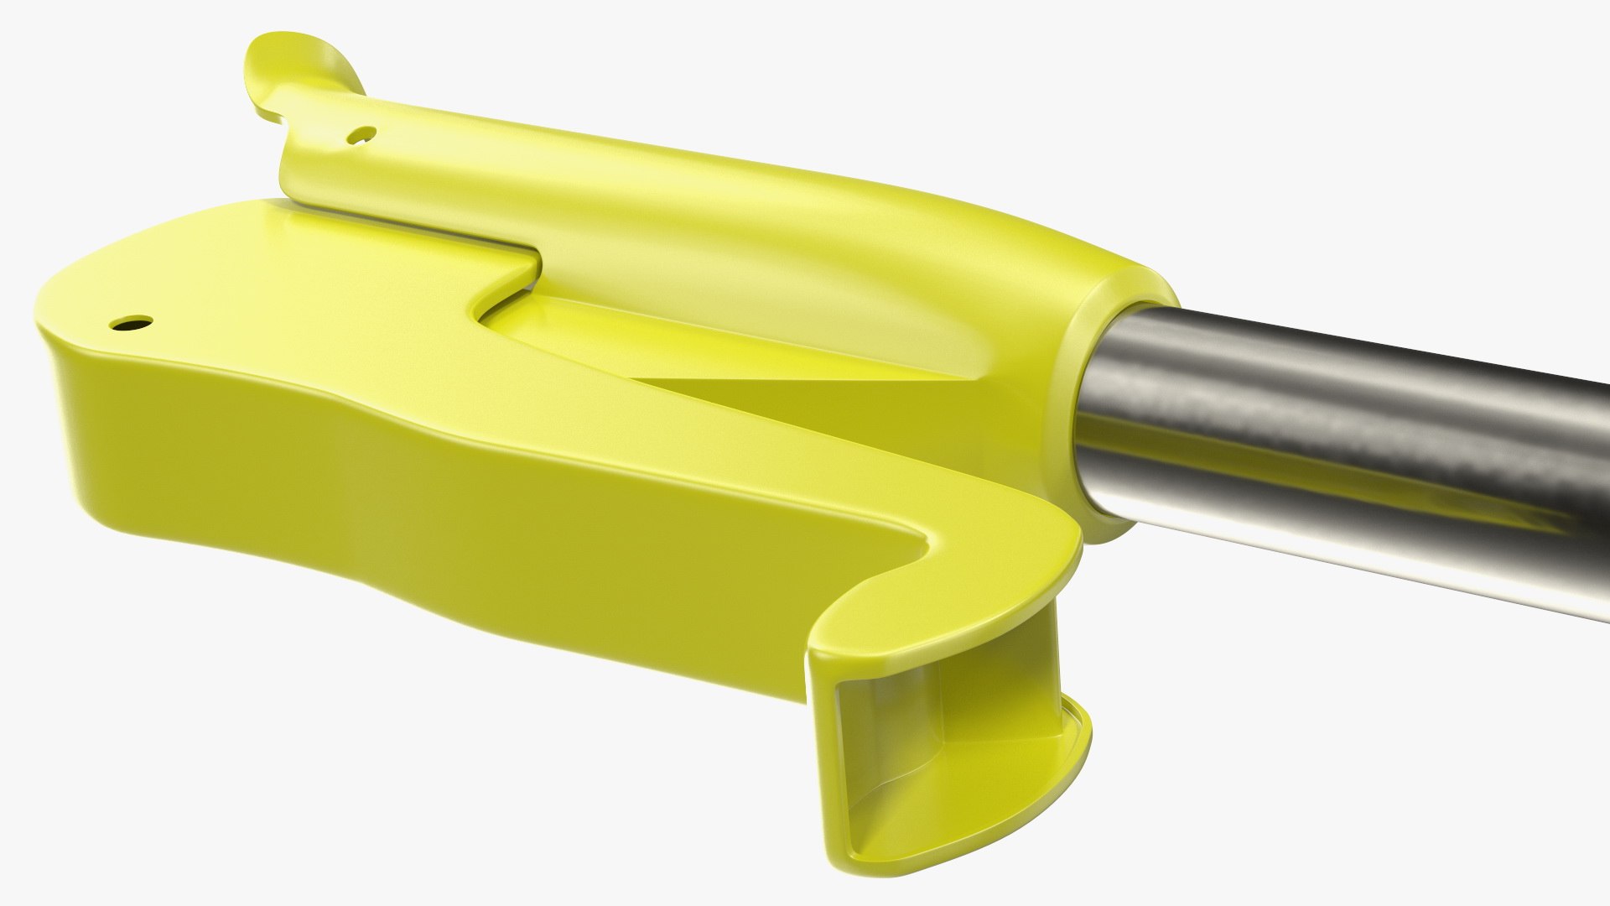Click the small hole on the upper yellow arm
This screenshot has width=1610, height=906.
(x=363, y=133)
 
